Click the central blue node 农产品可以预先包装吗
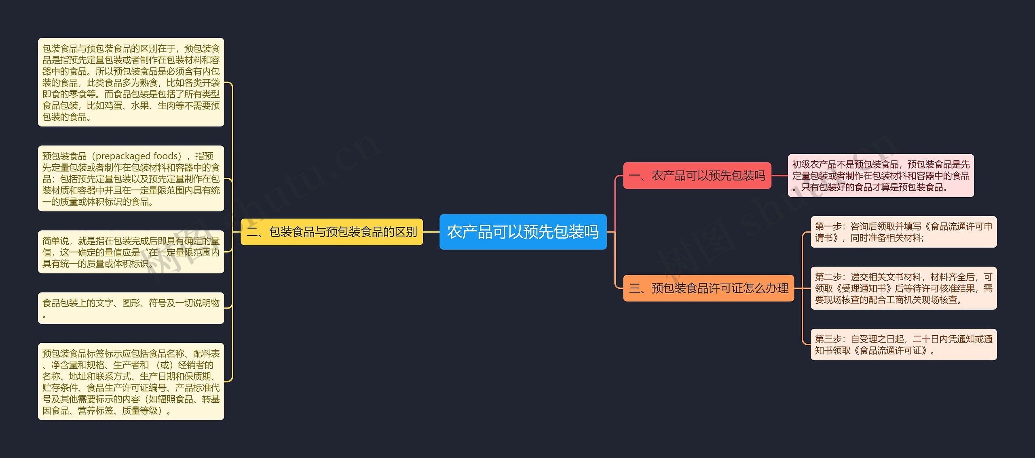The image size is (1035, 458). (x=523, y=232)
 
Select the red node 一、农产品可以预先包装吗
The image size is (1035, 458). (x=697, y=176)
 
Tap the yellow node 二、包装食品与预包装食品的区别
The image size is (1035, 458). (x=332, y=232)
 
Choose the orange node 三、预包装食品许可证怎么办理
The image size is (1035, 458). (x=708, y=288)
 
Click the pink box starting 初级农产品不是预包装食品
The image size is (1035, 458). (x=881, y=176)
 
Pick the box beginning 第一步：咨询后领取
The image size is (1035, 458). (x=904, y=232)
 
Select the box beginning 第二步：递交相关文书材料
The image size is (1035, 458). (x=904, y=288)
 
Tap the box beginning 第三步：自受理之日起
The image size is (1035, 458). (x=904, y=345)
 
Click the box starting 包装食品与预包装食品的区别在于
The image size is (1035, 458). (x=131, y=82)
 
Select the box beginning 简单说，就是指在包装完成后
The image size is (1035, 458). (x=131, y=252)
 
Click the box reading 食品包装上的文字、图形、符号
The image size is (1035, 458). (x=131, y=308)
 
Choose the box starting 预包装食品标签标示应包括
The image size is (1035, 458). (x=131, y=382)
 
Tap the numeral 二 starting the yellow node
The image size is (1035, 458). (x=251, y=232)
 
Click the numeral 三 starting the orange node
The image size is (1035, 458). (x=634, y=288)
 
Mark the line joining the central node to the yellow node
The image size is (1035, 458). (x=431, y=232)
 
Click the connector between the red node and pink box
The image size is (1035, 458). (x=779, y=176)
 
